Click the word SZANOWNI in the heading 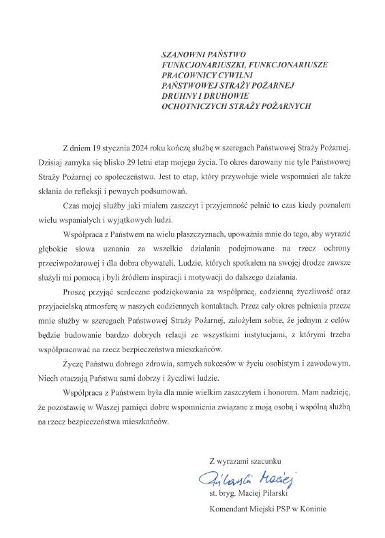click(179, 54)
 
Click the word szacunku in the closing click(262, 461)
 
